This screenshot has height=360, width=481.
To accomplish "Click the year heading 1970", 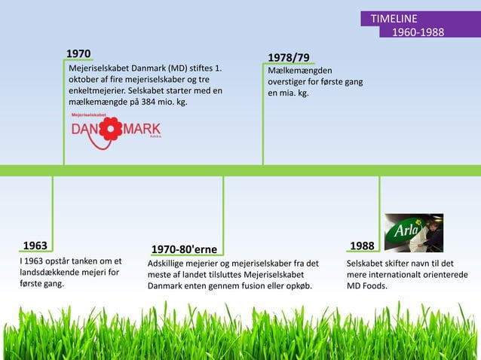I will click(78, 54).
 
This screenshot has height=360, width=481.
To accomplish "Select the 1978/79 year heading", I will click(288, 58).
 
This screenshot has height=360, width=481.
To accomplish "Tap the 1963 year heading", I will click(35, 246).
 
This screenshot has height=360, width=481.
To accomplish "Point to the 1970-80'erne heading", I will click(184, 249).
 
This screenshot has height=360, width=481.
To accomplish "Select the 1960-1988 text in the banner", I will click(417, 32).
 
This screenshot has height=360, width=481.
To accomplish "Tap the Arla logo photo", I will click(414, 233).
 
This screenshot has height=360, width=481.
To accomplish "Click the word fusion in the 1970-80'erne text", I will click(255, 286).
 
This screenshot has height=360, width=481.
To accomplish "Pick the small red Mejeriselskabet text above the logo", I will click(89, 114).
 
